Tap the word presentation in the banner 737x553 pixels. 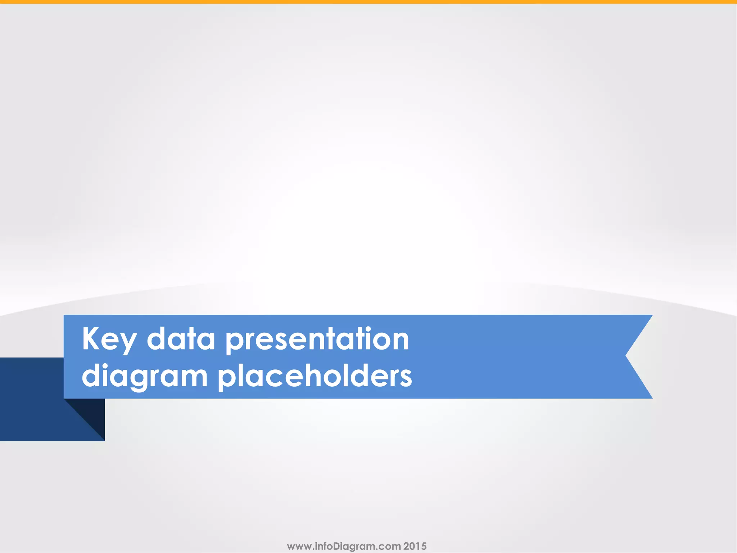pyautogui.click(x=317, y=339)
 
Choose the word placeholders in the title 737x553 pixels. pyautogui.click(x=315, y=376)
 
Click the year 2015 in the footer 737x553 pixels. pyautogui.click(x=415, y=546)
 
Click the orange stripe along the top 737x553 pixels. pyautogui.click(x=368, y=2)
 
